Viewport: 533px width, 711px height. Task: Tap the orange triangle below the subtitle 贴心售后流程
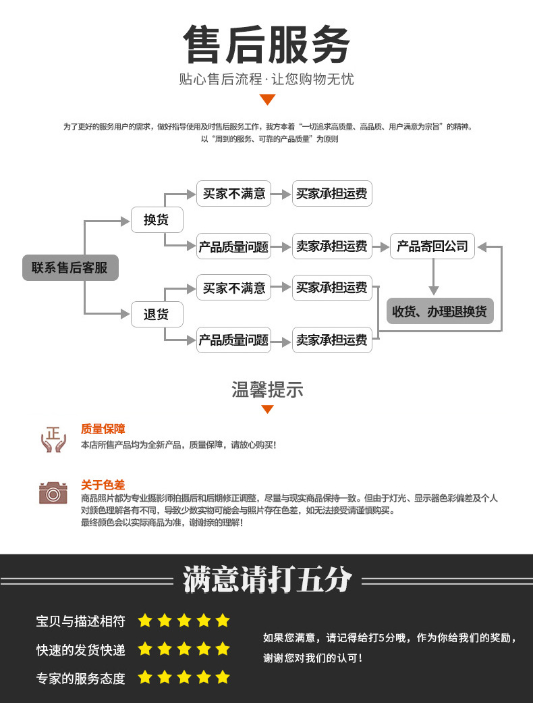pos(267,100)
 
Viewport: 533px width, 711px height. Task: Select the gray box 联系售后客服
pos(70,267)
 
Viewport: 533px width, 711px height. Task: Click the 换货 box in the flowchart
pos(156,220)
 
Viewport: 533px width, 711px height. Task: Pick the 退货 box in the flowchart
pos(156,314)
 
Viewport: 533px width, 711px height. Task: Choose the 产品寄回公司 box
pos(432,246)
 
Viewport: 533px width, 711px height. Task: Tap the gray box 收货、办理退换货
pos(439,311)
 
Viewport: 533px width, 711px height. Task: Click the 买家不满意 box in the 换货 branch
pos(233,194)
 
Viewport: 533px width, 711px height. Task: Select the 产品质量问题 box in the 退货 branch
pos(233,340)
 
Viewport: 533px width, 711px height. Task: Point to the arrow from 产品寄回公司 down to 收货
pos(434,277)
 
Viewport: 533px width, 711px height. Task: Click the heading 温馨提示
pos(267,390)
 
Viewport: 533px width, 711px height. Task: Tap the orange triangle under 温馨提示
pos(267,409)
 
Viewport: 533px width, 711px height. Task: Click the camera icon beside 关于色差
pos(53,493)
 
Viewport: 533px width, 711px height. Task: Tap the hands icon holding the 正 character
pos(53,439)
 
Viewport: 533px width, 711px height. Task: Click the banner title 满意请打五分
pos(267,580)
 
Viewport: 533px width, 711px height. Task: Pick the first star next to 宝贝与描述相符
pos(144,621)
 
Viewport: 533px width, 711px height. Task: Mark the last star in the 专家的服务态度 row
pos(223,677)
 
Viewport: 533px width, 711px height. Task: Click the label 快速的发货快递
pos(80,650)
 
